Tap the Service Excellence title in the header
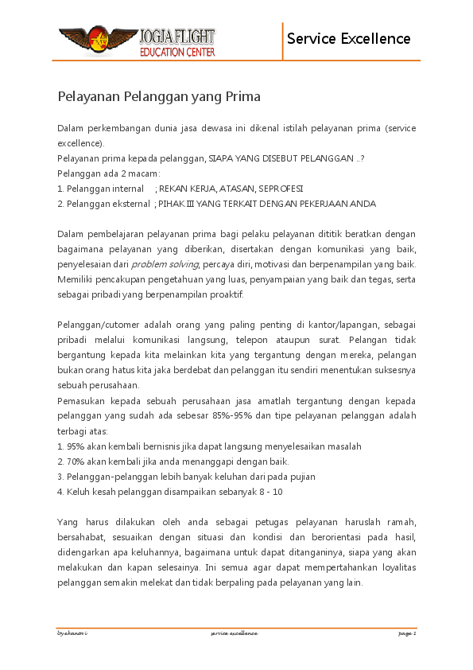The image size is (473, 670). coord(348,38)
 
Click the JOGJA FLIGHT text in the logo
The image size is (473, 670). coord(176,36)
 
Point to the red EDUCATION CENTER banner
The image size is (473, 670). coord(176,52)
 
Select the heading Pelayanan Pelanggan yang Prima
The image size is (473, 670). coord(159,97)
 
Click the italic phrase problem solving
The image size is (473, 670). coord(165,264)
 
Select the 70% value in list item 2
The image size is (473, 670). coord(76,462)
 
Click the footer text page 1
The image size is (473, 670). coord(407,633)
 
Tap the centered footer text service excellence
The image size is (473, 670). coord(234,633)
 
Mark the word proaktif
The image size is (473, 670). coord(226,294)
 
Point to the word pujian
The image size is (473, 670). coord(300,477)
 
